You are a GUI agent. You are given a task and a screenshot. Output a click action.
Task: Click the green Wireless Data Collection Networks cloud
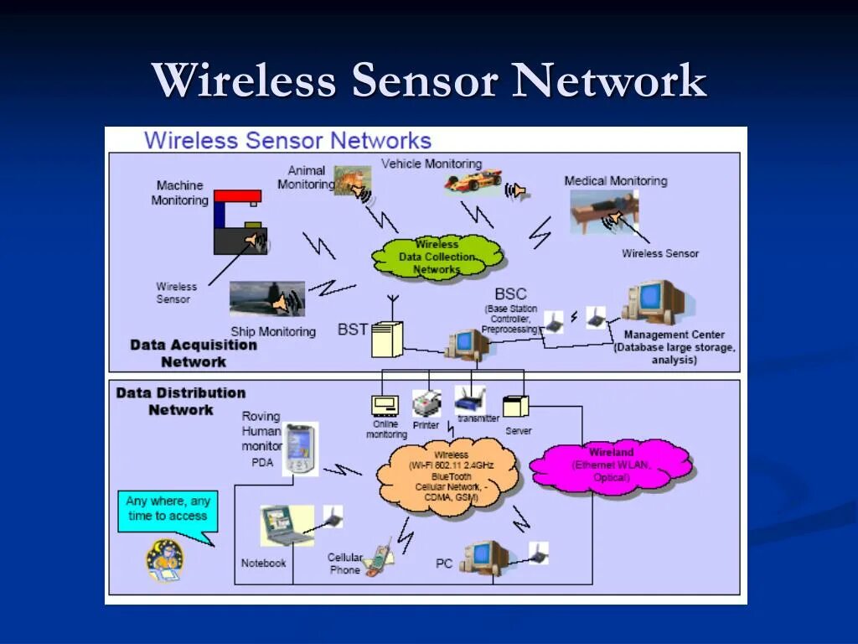[x=437, y=257]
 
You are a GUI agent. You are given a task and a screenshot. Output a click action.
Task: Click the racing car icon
[x=473, y=179]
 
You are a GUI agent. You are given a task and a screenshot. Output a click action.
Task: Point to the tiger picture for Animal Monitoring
[x=350, y=179]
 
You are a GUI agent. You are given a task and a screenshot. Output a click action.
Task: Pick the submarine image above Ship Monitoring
[x=266, y=299]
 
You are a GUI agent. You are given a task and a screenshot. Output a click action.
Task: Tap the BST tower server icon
[x=387, y=339]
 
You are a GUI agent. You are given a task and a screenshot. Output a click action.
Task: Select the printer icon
[x=426, y=403]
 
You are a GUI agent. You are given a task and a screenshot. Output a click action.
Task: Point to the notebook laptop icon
[x=284, y=525]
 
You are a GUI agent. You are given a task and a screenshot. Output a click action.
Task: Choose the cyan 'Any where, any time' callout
[x=168, y=509]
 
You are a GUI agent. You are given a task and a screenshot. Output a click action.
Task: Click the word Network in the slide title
[x=611, y=81]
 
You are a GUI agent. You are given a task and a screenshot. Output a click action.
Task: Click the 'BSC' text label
[x=510, y=294]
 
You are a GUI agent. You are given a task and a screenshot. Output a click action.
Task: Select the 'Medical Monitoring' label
[x=615, y=180]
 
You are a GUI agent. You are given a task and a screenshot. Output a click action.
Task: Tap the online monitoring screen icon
[x=385, y=406]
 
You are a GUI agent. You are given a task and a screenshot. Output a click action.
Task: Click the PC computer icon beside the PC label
[x=484, y=555]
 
